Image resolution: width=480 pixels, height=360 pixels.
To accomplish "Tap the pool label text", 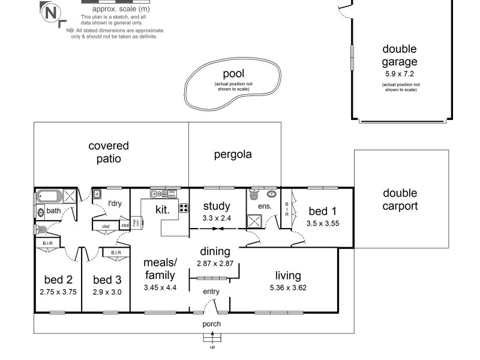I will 233,74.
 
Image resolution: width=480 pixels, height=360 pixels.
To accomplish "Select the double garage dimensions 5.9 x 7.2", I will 400,74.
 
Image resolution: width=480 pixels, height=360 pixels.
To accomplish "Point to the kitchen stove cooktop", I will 184,209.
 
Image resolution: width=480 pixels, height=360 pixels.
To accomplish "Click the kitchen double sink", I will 158,194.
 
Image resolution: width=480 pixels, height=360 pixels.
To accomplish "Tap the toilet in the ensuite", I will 253,196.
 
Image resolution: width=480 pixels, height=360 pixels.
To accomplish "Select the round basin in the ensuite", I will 272,194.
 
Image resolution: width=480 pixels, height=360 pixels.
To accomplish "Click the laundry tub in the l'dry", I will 97,194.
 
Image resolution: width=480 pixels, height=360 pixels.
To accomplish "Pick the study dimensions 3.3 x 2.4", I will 217,218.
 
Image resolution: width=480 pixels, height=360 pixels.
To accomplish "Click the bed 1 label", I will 323,211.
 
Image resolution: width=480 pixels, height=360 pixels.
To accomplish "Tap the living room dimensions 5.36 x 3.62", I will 288,287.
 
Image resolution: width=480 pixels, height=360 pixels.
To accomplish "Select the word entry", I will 211,292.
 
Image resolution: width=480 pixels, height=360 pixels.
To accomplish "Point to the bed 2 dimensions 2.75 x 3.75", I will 58,292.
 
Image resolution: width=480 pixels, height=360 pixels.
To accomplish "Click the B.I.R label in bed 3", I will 116,253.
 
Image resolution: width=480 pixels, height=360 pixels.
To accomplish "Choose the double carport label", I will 400,200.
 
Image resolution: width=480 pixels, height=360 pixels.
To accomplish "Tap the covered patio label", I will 109,152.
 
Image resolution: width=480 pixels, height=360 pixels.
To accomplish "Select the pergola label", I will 233,154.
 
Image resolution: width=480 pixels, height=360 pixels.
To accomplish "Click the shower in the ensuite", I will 254,221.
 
